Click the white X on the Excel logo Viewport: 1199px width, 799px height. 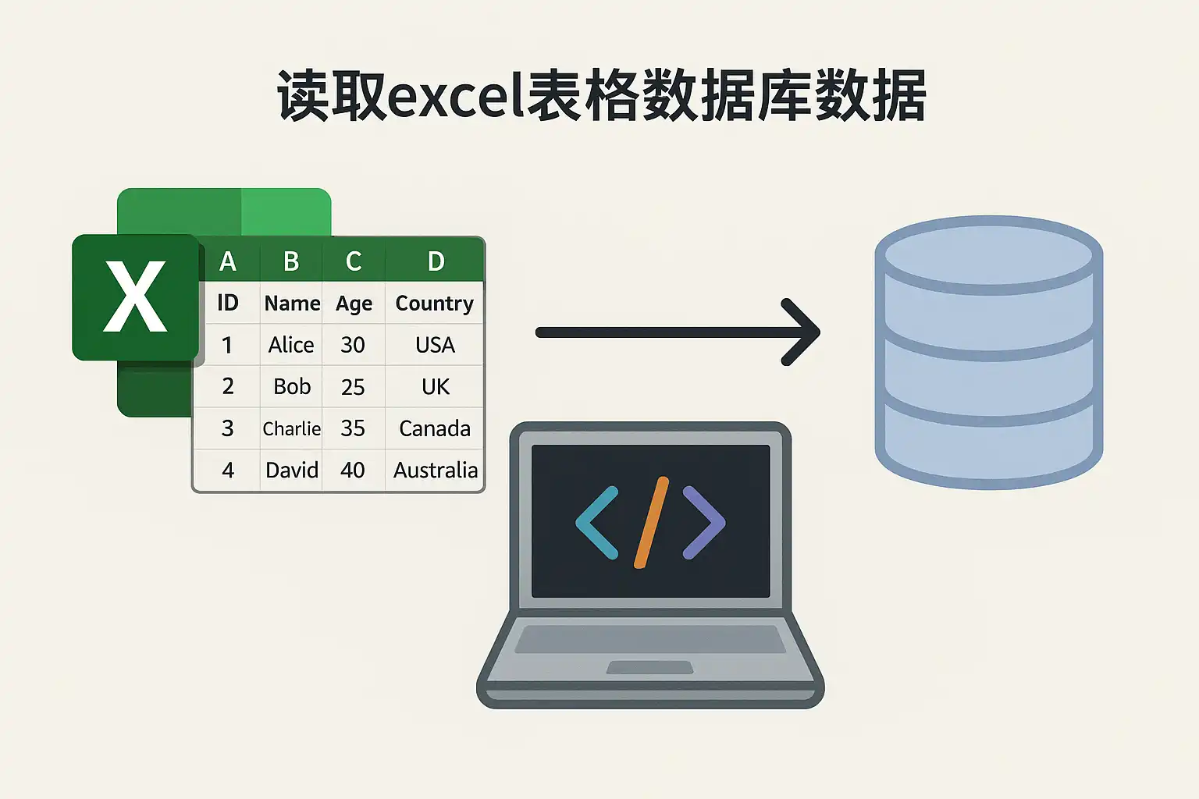[x=135, y=297]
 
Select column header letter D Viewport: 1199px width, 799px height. [x=436, y=261]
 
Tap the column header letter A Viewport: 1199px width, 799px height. [x=228, y=261]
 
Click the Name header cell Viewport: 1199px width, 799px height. [x=292, y=303]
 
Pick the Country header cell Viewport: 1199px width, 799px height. [x=434, y=303]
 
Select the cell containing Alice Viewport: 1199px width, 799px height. [x=291, y=345]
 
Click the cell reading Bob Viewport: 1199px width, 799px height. [x=292, y=386]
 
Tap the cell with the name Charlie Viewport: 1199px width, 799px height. [x=292, y=428]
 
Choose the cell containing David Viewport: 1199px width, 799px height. [x=292, y=470]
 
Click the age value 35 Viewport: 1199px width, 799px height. [x=353, y=428]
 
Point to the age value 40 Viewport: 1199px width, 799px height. [x=353, y=470]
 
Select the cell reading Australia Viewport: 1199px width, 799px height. [x=435, y=470]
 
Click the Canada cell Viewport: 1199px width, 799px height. [x=435, y=428]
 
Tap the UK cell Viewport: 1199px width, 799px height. [x=435, y=386]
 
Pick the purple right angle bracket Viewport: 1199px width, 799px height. [x=704, y=523]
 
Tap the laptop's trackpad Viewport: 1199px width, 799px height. [x=649, y=667]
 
